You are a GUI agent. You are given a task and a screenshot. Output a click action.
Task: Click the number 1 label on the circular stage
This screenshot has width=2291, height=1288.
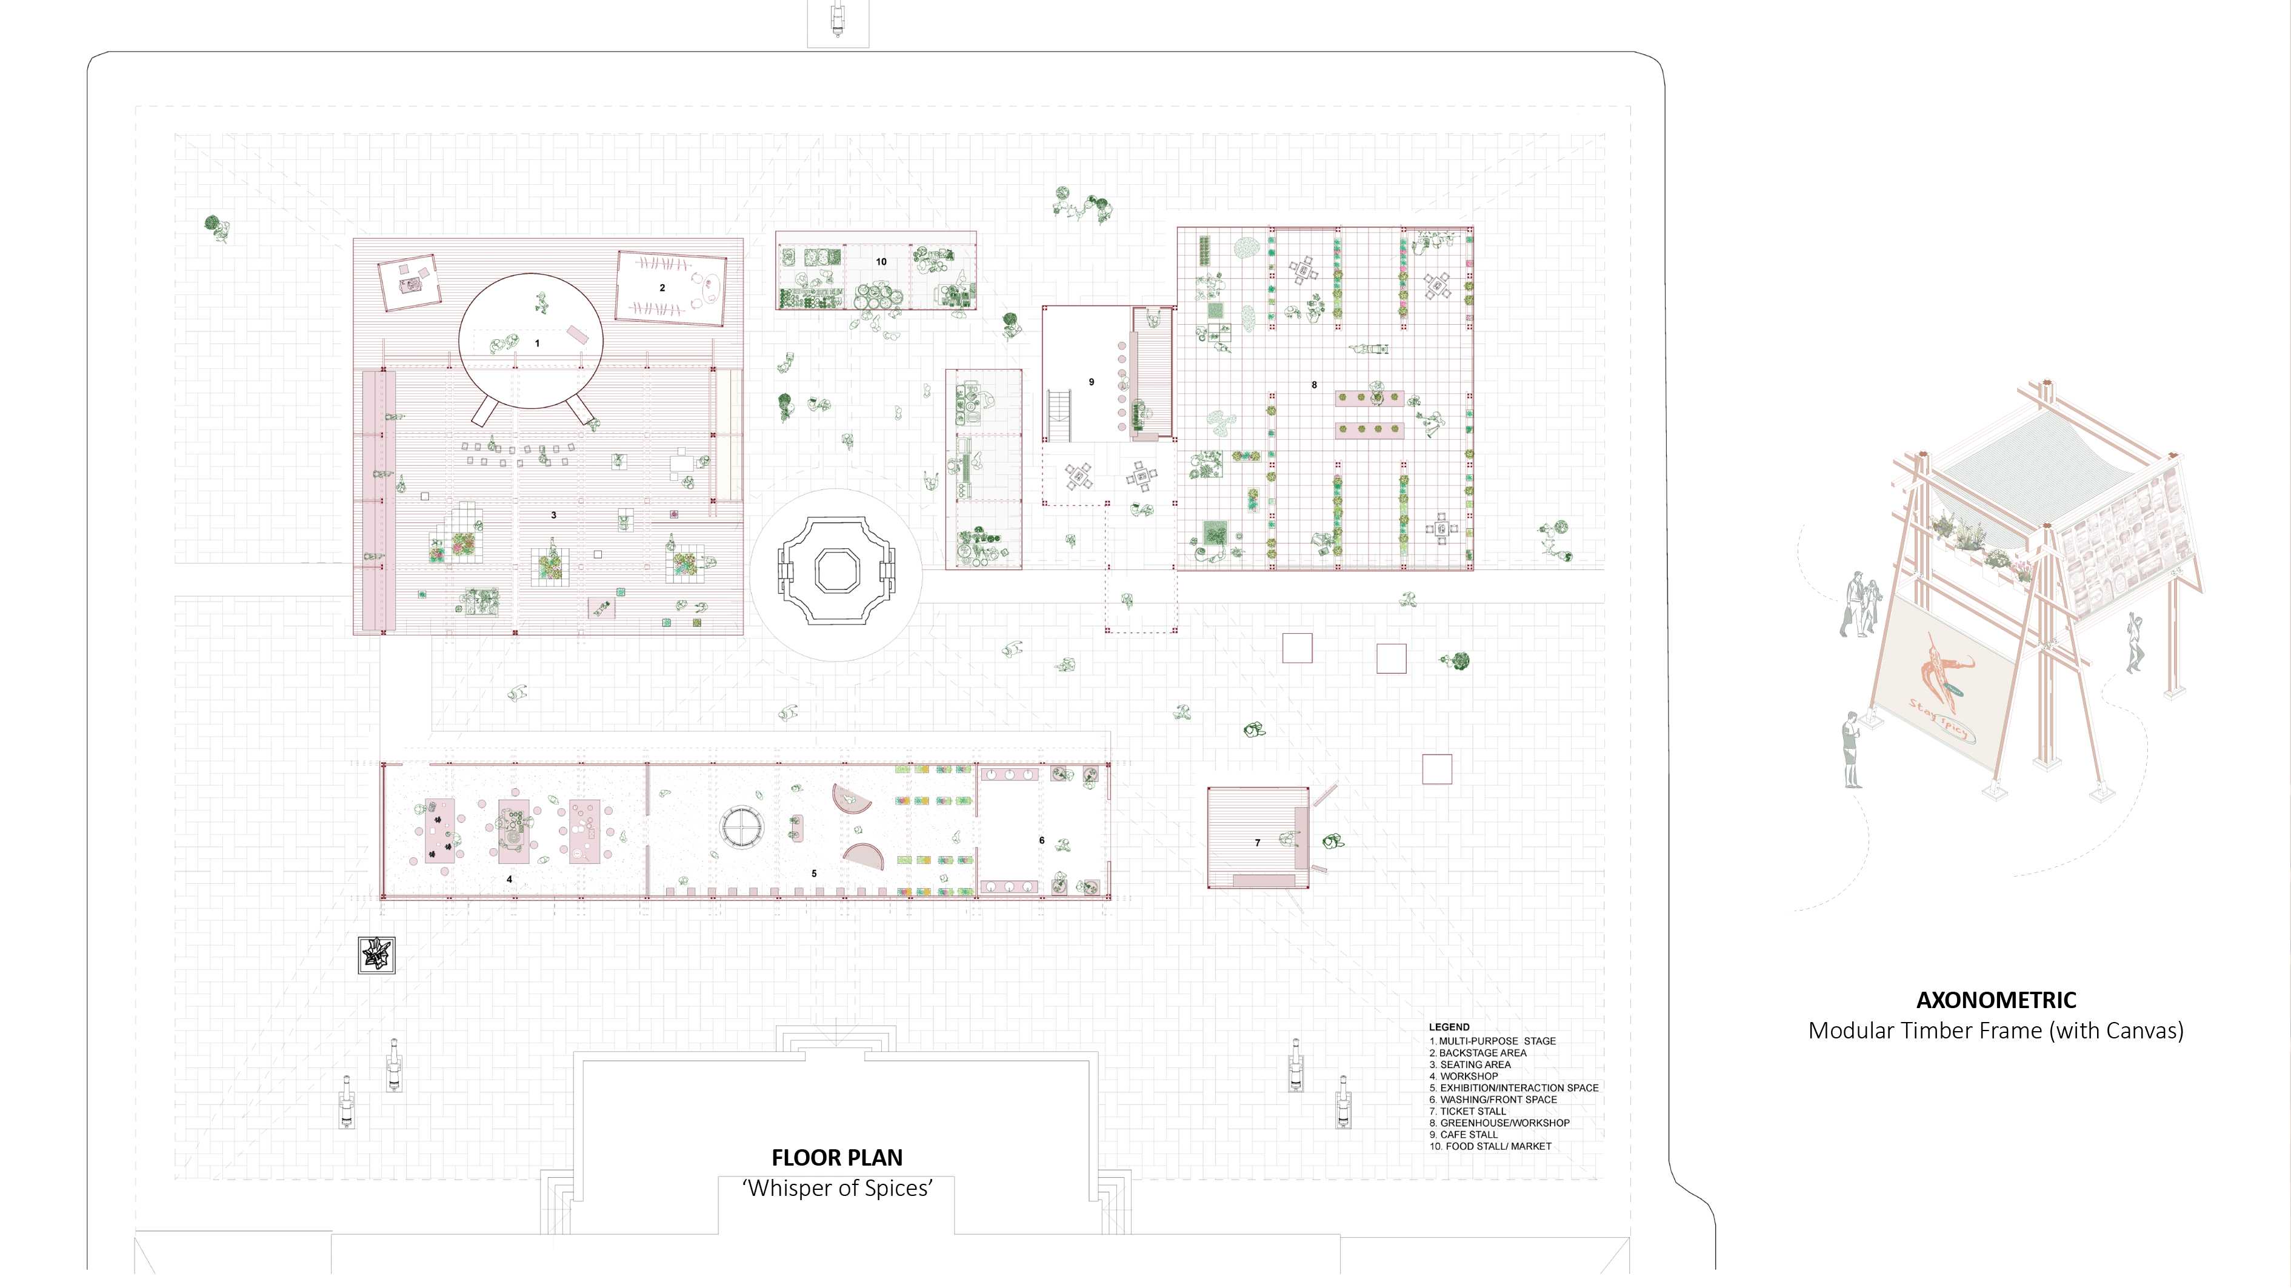point(537,343)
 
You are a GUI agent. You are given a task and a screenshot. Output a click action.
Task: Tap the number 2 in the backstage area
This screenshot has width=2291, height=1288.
point(662,288)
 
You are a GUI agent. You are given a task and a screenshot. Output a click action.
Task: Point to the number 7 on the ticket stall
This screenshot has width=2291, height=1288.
point(1258,843)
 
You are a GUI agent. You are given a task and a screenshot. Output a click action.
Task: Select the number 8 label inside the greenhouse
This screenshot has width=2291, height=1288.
point(1315,385)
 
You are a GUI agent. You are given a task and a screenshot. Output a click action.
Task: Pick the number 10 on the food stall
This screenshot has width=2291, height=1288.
point(881,262)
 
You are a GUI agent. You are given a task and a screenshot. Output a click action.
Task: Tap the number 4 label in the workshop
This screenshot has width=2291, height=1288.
point(510,879)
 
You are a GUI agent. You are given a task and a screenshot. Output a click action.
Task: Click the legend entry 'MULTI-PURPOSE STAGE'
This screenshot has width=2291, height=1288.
point(1498,1041)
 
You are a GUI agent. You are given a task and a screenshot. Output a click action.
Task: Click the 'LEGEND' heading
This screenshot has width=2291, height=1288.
point(1450,1027)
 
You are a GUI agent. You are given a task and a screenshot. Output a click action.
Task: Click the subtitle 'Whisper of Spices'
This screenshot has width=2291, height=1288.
point(838,1189)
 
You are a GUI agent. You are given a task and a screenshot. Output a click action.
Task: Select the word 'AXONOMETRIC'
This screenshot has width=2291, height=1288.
point(1996,1001)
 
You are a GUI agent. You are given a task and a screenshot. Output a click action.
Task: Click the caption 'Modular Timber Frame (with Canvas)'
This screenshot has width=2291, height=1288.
point(1996,1031)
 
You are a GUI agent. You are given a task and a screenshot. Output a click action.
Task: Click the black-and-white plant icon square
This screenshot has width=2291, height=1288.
point(376,955)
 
